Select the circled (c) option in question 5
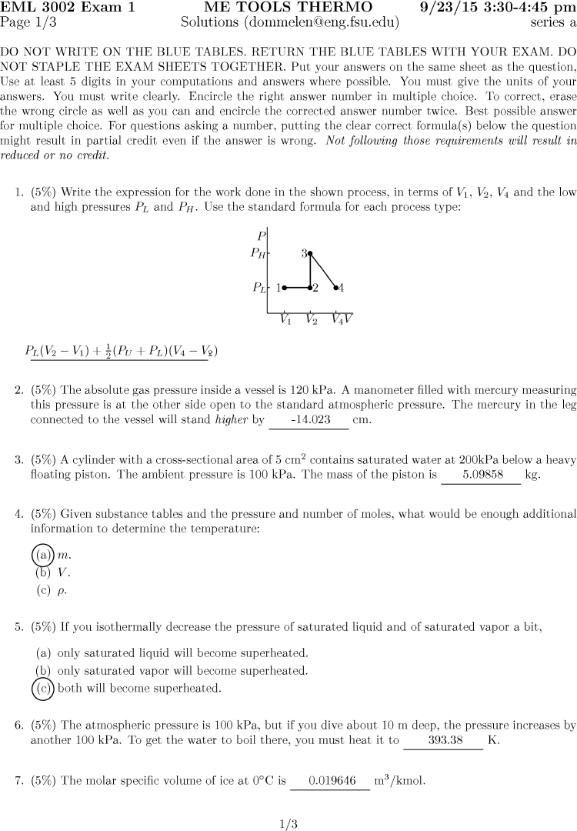[42, 688]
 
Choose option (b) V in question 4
[44, 572]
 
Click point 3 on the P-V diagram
[310, 252]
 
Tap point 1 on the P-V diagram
[284, 288]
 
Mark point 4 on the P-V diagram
[336, 288]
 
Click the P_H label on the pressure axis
[258, 252]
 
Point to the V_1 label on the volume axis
[285, 320]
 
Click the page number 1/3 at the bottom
[288, 824]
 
